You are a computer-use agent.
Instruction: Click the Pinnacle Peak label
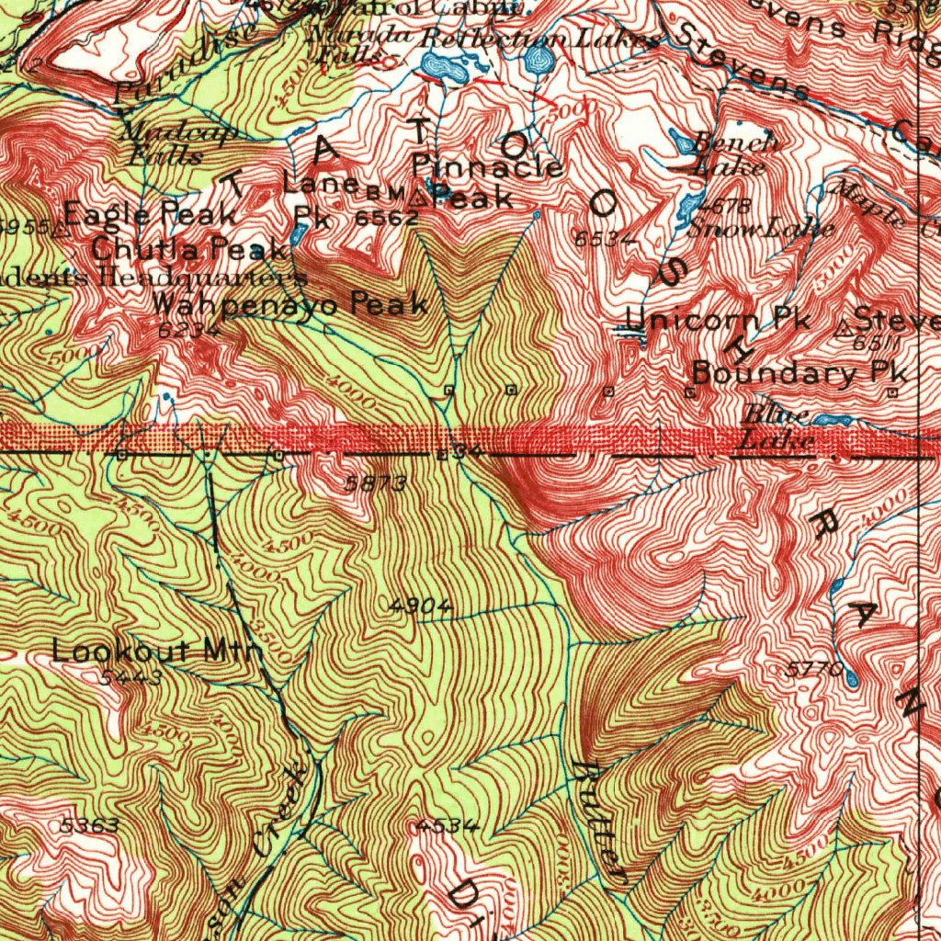point(487,181)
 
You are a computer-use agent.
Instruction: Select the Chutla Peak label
point(189,248)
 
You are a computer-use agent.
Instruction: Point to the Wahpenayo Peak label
point(289,304)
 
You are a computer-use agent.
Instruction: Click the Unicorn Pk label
point(718,320)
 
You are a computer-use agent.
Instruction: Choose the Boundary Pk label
point(799,373)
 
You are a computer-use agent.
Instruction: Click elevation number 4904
point(421,606)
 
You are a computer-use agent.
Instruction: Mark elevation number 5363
point(88,825)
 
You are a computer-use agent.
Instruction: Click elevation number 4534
point(448,825)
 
